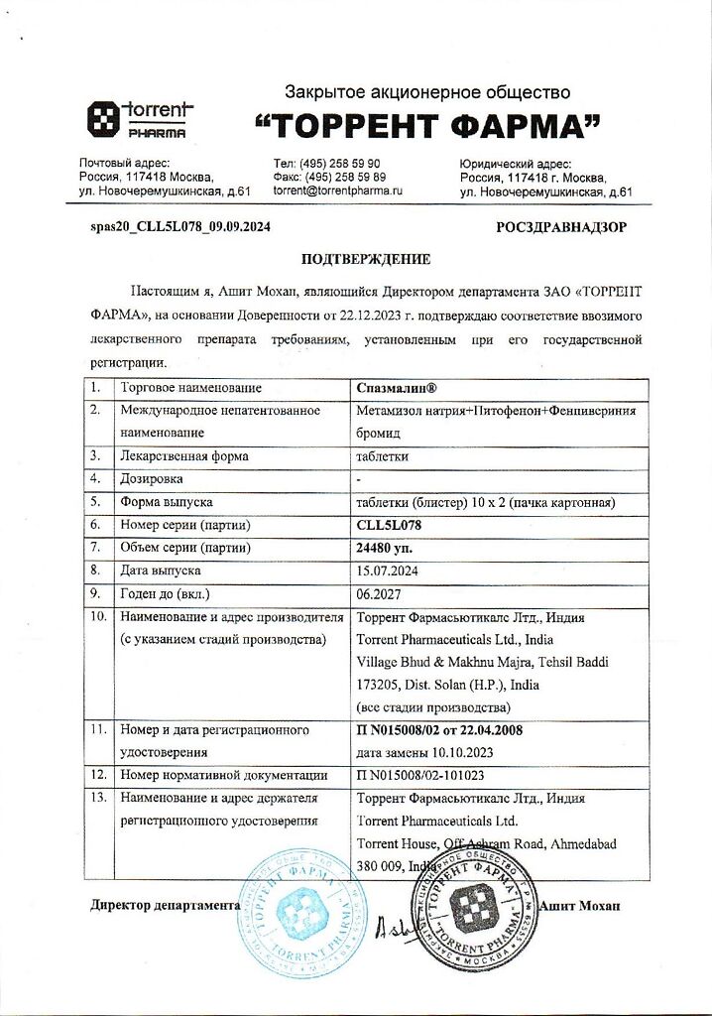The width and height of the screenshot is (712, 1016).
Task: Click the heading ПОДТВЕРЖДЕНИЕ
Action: coord(366,260)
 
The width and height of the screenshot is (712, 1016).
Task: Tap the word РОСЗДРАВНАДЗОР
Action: coord(561,227)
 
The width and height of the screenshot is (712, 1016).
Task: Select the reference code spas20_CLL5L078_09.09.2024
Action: coord(180,227)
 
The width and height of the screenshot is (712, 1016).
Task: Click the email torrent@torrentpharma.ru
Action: coord(337,189)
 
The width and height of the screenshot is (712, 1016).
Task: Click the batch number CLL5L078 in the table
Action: coord(395,524)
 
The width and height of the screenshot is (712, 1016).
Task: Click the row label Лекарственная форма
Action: coord(183,456)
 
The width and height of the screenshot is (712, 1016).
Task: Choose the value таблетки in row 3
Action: coord(382,456)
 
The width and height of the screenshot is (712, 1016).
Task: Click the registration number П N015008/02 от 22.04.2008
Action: coord(439,730)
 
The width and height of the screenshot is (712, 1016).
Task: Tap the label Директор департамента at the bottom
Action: coord(166,906)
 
